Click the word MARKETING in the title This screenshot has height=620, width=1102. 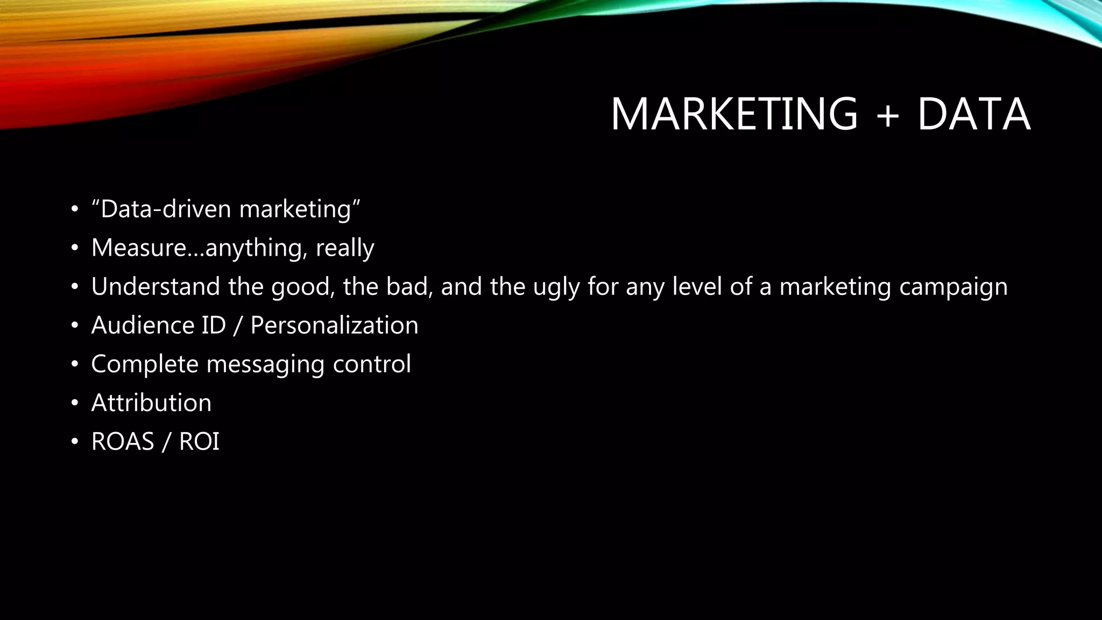point(734,114)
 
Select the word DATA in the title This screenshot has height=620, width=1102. point(974,114)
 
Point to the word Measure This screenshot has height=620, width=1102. point(139,248)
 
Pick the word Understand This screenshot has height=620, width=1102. point(156,286)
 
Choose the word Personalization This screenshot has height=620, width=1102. point(334,325)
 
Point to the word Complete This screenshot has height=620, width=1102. point(145,364)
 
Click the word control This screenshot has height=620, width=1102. point(372,364)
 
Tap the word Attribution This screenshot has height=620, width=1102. point(151,403)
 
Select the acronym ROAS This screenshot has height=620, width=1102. point(123,441)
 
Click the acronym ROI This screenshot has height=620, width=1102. point(199,441)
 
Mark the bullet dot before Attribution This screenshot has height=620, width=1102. point(75,403)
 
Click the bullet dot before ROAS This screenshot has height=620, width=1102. point(75,442)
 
